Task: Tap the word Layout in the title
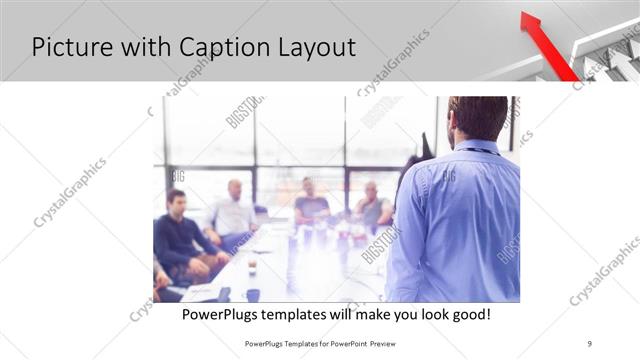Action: pyautogui.click(x=313, y=46)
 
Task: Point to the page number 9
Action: pyautogui.click(x=589, y=342)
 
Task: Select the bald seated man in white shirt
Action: pyautogui.click(x=234, y=212)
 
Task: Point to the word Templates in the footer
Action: pyautogui.click(x=295, y=342)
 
